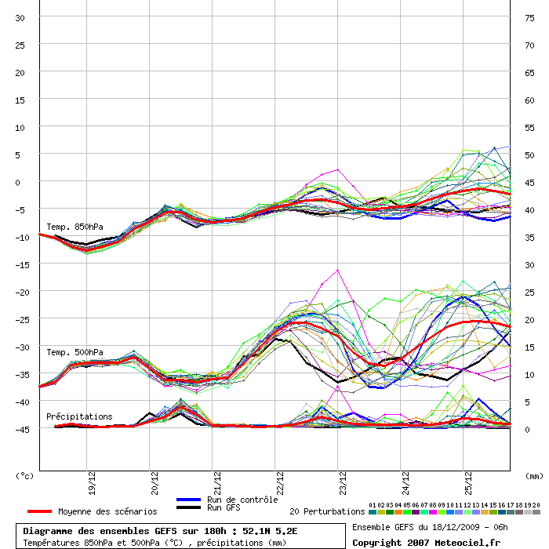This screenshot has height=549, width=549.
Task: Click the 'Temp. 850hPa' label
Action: [75, 227]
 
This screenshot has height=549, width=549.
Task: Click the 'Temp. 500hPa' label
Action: [75, 352]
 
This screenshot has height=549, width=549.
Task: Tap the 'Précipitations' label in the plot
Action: [79, 416]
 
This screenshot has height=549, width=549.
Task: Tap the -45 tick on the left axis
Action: [18, 429]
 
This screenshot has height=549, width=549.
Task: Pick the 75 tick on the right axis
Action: [530, 18]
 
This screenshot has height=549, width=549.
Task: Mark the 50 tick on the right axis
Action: [530, 155]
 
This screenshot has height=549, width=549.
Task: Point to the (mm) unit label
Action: [533, 475]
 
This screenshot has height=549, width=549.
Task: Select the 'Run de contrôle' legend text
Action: [242, 500]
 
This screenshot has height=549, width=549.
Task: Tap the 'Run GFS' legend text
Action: [226, 508]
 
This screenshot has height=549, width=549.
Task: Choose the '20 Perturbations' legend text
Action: [327, 511]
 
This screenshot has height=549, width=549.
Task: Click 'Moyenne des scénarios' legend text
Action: [107, 511]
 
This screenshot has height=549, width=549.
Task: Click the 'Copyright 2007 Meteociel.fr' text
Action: [426, 542]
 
